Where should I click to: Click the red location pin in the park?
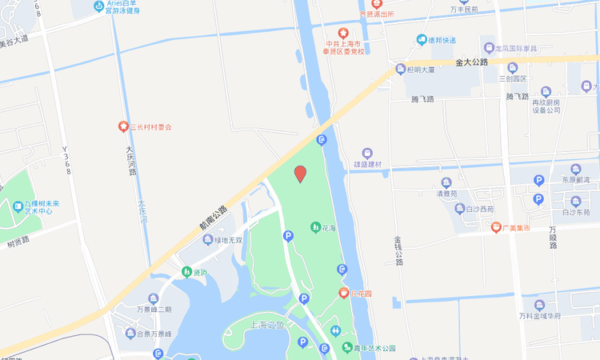[x=300, y=174]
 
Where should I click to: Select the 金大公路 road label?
[x=471, y=61]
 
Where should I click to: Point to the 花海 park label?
[x=329, y=228]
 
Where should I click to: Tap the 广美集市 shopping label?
[x=517, y=228]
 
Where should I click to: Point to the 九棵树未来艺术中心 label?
[x=38, y=208]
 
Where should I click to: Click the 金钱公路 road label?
[x=398, y=250]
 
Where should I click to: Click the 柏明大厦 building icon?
[x=401, y=70]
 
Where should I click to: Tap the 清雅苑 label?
[x=446, y=193]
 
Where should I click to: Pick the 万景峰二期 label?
[x=154, y=309]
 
